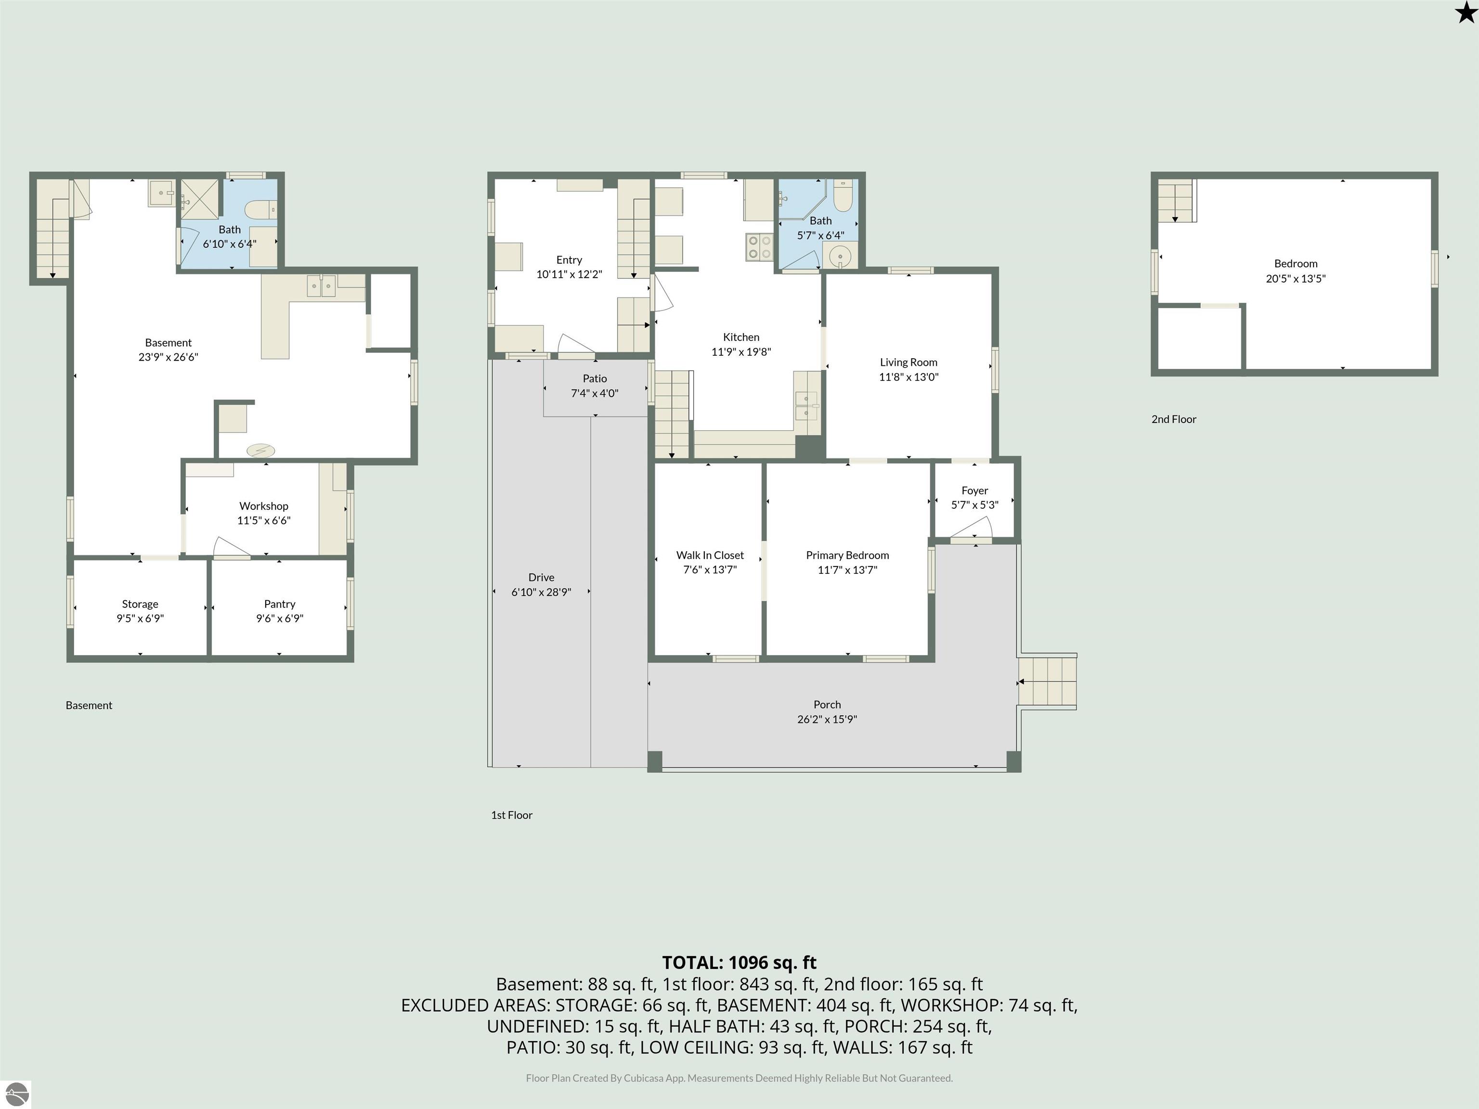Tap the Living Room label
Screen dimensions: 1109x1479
click(908, 362)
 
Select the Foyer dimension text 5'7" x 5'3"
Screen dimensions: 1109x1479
click(974, 505)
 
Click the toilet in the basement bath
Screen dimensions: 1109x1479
click(261, 210)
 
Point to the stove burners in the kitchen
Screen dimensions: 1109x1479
click(759, 246)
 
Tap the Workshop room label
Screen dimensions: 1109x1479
click(263, 506)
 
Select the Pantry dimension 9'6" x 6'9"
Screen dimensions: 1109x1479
click(280, 619)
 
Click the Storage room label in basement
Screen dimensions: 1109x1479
click(140, 604)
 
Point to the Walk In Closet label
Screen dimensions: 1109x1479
click(710, 555)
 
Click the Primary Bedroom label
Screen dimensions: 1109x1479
click(847, 555)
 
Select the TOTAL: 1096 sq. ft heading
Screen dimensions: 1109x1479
click(739, 963)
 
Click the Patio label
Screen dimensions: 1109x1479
click(595, 378)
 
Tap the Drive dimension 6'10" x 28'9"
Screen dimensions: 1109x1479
click(541, 592)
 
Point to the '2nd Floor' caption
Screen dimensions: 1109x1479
click(1173, 419)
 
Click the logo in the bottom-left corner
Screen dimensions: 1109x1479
click(16, 1094)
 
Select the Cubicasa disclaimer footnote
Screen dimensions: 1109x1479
click(739, 1078)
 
